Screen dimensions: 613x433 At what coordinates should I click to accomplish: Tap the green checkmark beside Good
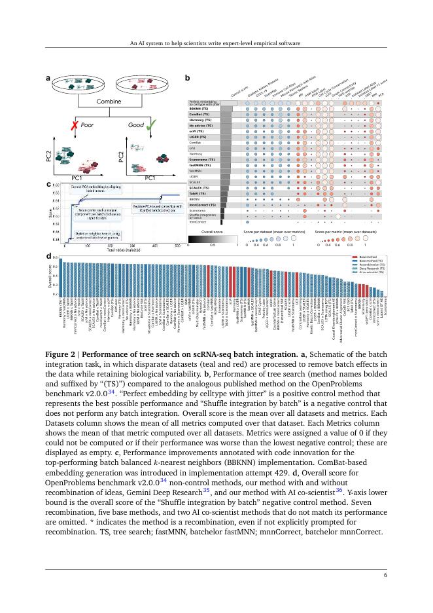(x=152, y=124)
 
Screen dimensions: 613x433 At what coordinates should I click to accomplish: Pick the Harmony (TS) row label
(x=200, y=121)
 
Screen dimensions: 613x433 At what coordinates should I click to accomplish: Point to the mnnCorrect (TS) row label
(x=203, y=204)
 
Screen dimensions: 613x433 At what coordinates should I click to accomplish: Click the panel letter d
(x=48, y=255)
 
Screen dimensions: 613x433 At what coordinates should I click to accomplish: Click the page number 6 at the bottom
(x=385, y=575)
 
